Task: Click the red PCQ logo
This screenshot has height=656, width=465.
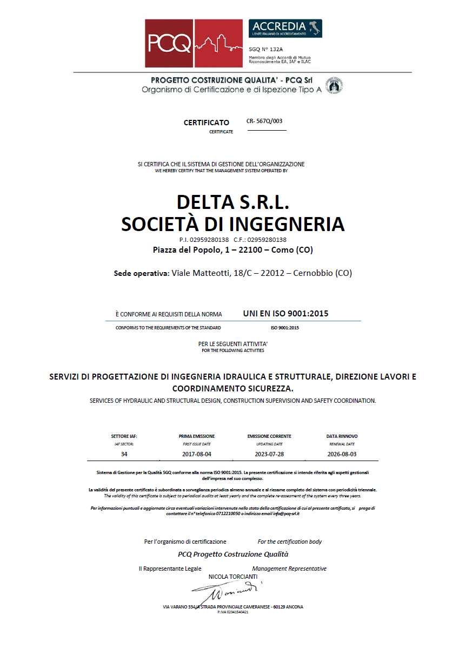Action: pos(193,43)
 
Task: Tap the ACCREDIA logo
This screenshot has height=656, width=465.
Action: pos(285,28)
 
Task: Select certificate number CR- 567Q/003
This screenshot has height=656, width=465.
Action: pos(264,121)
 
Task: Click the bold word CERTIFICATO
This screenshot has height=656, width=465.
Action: pos(207,123)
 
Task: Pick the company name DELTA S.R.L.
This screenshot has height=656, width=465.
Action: pos(233,202)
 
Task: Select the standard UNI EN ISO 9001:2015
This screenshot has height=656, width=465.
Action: pos(285,313)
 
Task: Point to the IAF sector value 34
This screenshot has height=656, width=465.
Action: pos(124,454)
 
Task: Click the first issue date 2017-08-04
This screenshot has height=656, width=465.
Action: pos(197,454)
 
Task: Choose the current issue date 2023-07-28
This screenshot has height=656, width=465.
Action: pos(269,454)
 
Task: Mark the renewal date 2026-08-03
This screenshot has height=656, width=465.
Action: pos(342,454)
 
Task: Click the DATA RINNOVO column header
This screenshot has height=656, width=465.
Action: pos(342,436)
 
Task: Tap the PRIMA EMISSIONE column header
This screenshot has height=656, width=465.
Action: pos(197,436)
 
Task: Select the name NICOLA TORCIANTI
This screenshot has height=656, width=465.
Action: pos(233,577)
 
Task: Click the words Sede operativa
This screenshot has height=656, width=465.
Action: pos(141,273)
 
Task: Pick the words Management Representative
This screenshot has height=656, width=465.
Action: pos(289,569)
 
